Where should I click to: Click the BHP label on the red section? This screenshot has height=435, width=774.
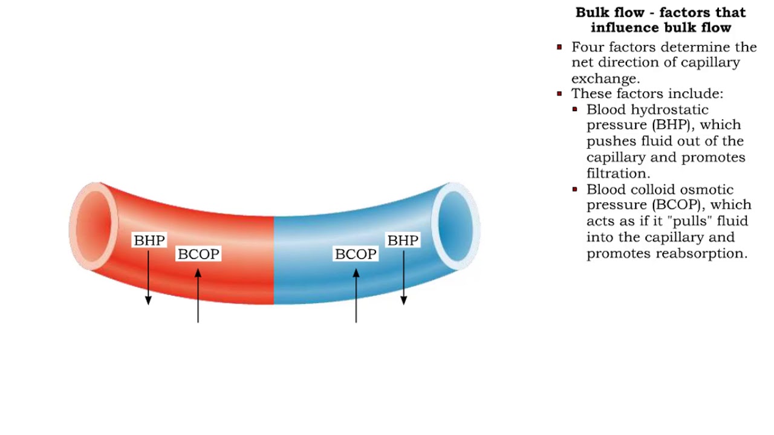[149, 240]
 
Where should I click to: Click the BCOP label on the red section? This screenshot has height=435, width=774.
[198, 254]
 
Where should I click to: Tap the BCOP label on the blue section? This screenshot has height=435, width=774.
[356, 254]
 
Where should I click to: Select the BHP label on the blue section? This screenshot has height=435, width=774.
[403, 240]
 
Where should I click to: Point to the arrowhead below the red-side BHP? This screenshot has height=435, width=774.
[148, 300]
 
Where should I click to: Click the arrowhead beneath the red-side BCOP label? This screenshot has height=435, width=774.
[198, 274]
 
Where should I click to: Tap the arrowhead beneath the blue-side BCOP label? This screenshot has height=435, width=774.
[356, 274]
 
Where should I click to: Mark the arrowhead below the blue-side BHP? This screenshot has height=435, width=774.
[403, 300]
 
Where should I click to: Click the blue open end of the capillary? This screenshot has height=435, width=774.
[455, 225]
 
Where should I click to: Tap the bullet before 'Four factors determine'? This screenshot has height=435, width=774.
[559, 47]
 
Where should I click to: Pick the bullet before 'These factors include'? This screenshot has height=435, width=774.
[559, 94]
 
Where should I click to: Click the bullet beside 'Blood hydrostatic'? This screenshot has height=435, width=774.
[574, 110]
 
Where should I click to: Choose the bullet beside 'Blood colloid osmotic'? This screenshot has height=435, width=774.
[574, 190]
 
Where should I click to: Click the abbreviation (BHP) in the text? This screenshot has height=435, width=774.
[671, 126]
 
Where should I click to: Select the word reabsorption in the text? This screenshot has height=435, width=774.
[706, 254]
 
